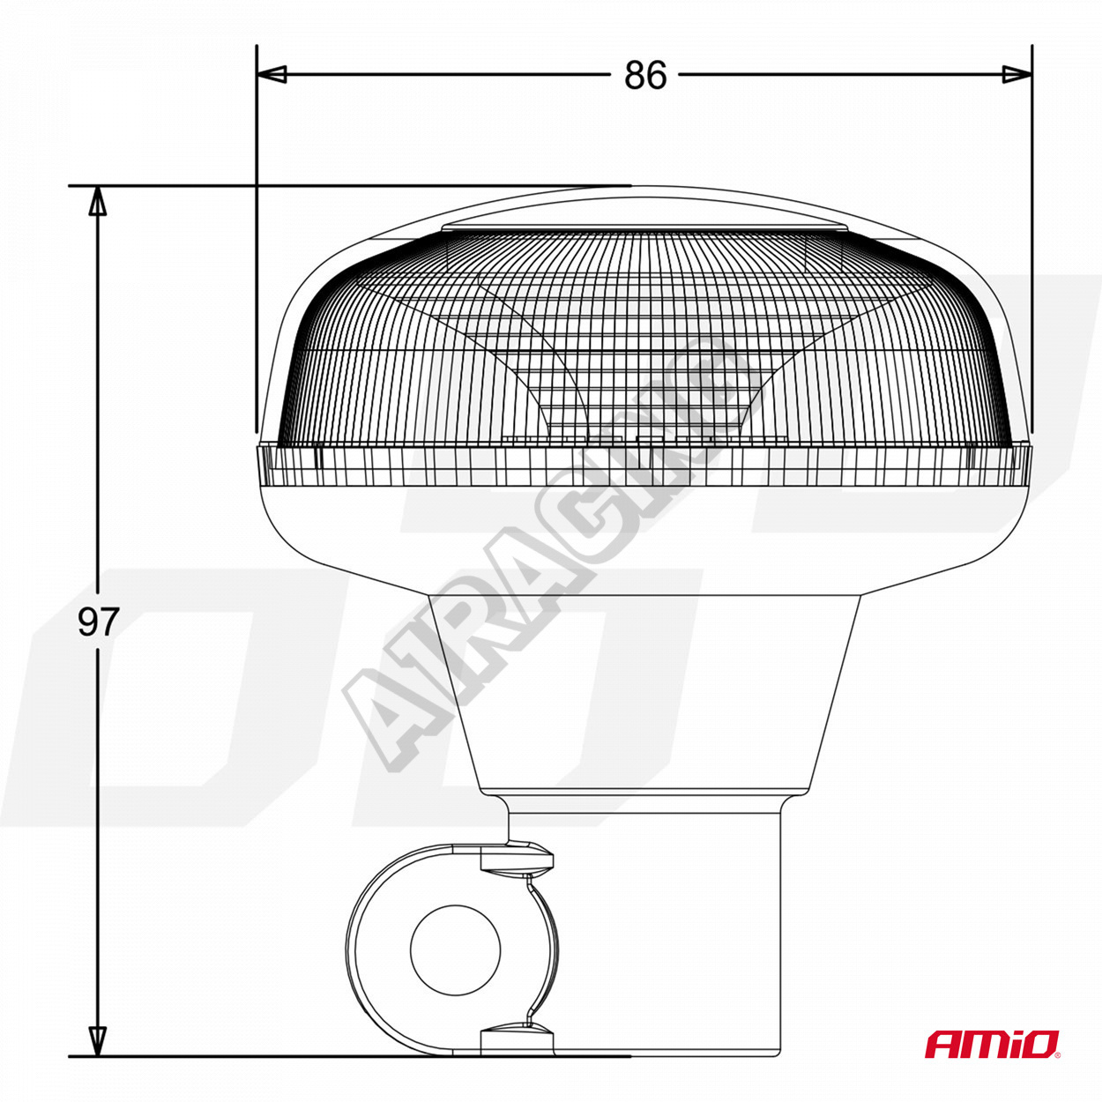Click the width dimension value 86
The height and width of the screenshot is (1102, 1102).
pyautogui.click(x=645, y=74)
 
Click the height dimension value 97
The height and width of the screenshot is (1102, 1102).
pyautogui.click(x=98, y=622)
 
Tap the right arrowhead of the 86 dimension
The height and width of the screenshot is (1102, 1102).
pyautogui.click(x=1017, y=74)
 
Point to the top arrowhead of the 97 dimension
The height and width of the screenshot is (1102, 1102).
pyautogui.click(x=98, y=201)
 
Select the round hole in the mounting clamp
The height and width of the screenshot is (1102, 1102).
pyautogui.click(x=455, y=949)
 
